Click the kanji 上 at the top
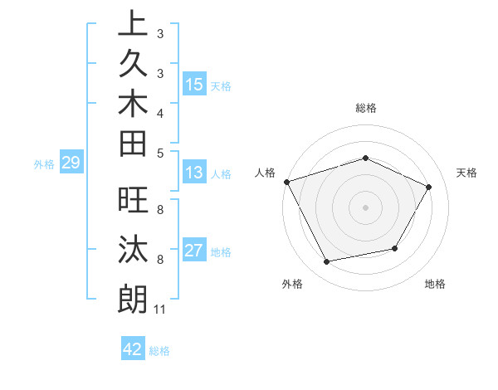(132, 26)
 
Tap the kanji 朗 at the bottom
(132, 298)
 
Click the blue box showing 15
(194, 85)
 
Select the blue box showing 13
(194, 173)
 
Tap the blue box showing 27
(194, 251)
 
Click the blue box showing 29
(71, 163)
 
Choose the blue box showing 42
(133, 349)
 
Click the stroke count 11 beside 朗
(159, 310)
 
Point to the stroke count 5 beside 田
(159, 152)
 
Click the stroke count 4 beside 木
(159, 112)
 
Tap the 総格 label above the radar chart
(365, 108)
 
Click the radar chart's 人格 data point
(286, 182)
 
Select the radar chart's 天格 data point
(428, 187)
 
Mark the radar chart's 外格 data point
(327, 262)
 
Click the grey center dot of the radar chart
(365, 207)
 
